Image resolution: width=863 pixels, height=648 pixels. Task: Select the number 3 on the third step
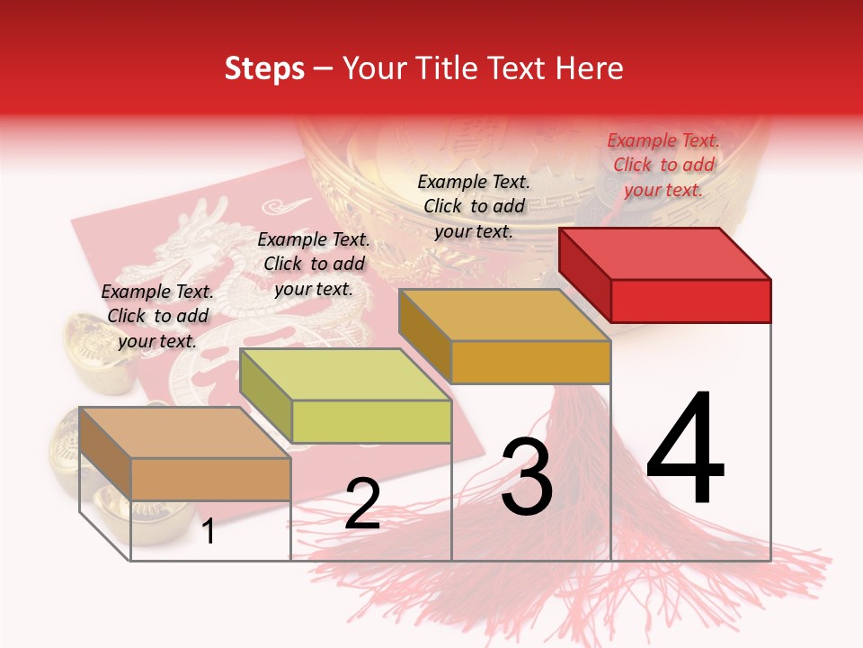[527, 478]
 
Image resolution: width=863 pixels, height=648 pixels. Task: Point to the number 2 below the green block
[362, 504]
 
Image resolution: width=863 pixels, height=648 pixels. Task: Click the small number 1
[209, 531]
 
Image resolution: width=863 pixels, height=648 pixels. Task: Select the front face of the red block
[690, 301]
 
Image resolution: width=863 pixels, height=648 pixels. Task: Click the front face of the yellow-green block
[371, 421]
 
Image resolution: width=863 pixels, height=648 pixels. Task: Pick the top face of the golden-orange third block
[505, 315]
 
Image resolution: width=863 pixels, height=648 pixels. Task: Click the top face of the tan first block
[184, 433]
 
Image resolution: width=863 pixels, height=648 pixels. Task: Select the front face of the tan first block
[210, 479]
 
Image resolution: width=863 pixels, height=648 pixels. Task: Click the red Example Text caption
[663, 165]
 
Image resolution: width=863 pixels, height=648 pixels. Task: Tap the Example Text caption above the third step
[474, 206]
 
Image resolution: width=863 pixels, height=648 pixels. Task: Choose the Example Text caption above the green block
[314, 264]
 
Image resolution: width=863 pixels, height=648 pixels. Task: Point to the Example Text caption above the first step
[157, 316]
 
